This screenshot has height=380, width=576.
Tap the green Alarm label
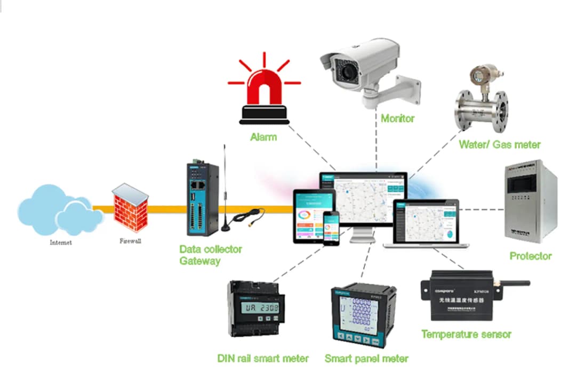[x=263, y=137]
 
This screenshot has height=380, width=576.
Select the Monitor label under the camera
[x=397, y=118]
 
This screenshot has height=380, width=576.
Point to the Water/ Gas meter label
[x=499, y=144]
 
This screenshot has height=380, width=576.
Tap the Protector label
[x=530, y=256]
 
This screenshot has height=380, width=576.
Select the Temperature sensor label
[x=466, y=335]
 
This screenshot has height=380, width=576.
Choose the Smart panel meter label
[x=366, y=359]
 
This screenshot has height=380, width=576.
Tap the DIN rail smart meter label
[x=263, y=359]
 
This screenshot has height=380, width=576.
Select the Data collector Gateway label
[x=210, y=255]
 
